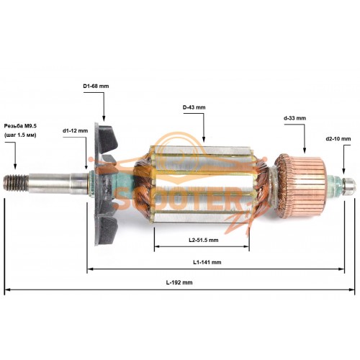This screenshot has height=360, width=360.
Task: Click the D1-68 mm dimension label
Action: (x=96, y=86)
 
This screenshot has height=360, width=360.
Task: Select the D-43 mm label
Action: (x=194, y=107)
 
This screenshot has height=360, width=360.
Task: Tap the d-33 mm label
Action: (x=294, y=118)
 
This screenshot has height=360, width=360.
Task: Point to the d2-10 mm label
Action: (x=338, y=139)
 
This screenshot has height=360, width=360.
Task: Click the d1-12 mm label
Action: (x=75, y=131)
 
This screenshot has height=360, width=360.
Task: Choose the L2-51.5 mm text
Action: (x=203, y=240)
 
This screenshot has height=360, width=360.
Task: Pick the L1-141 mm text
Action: (x=207, y=262)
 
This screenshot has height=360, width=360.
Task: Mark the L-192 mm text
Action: (x=179, y=282)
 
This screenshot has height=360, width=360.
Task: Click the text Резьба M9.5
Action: (x=20, y=126)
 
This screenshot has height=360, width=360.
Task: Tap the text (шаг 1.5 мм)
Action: (x=20, y=135)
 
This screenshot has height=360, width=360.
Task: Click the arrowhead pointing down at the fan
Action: (x=104, y=118)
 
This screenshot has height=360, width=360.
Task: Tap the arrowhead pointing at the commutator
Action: (x=305, y=150)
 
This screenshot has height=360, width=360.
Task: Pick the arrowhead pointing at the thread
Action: (x=15, y=166)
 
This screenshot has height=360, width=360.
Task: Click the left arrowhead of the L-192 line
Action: (x=7, y=289)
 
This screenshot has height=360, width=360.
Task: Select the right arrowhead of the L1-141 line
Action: (x=341, y=269)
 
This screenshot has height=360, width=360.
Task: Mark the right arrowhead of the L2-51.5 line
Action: (x=246, y=246)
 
